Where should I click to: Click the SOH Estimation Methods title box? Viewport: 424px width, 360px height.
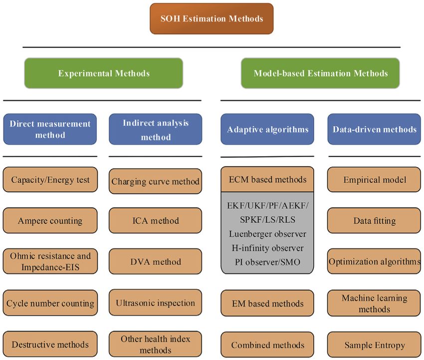(x=212, y=18)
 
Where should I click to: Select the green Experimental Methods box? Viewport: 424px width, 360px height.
(x=104, y=73)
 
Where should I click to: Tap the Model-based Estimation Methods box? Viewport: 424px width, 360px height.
(x=320, y=73)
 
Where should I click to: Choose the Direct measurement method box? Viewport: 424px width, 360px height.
(x=50, y=129)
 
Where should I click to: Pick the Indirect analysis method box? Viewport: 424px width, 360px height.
(x=156, y=129)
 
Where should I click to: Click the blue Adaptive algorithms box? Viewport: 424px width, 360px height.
(x=267, y=129)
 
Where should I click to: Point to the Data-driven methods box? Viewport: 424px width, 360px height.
(x=374, y=129)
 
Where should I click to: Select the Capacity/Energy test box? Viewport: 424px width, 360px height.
(x=50, y=180)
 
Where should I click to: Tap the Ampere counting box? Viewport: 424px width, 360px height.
(x=50, y=220)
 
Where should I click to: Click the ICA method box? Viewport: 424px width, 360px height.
(x=156, y=220)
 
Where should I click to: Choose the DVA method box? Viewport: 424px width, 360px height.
(x=156, y=262)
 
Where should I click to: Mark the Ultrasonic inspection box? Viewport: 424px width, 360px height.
(x=156, y=303)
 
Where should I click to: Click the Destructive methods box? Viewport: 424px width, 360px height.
(x=50, y=345)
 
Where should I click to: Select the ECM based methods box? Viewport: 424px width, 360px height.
(x=267, y=180)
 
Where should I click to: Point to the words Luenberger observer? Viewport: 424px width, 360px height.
(x=267, y=234)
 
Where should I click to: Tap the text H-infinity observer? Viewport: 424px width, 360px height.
(x=267, y=248)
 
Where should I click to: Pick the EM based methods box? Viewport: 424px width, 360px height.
(x=267, y=303)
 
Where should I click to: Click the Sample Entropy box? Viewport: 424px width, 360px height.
(x=374, y=345)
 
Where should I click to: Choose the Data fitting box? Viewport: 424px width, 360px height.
(x=374, y=220)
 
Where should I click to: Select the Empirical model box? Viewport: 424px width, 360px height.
(x=374, y=180)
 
